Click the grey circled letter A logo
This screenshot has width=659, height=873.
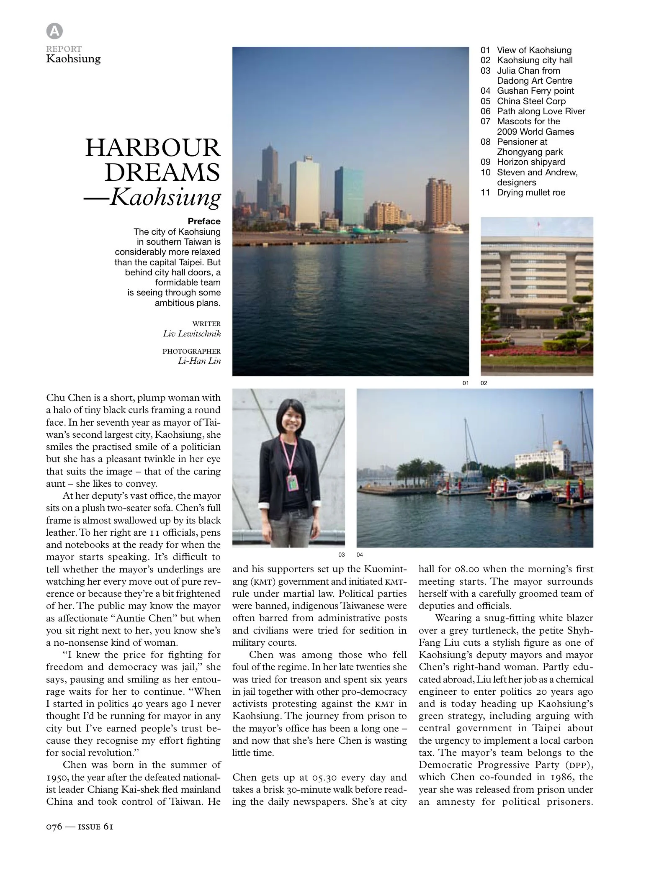tap(54, 31)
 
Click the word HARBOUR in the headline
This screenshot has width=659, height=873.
tap(153, 148)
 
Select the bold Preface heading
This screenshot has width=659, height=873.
tap(204, 221)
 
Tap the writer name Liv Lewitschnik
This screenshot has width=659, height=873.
tap(192, 334)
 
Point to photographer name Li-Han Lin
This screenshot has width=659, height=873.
tap(199, 361)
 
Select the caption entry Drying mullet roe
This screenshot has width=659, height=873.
tap(531, 193)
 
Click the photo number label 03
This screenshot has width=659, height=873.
tap(341, 555)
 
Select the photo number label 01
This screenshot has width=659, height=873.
tap(465, 383)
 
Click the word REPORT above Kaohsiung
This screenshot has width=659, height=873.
tap(64, 49)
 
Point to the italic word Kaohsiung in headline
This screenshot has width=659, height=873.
tap(165, 197)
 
